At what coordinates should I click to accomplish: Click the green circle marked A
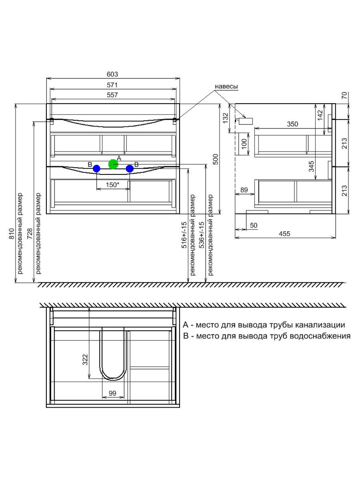click(113, 164)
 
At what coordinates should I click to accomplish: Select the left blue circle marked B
click(96, 169)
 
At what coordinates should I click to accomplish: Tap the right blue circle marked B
click(130, 169)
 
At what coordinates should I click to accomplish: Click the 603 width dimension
click(112, 74)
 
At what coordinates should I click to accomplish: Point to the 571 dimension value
click(112, 85)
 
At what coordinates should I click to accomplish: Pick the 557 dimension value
click(112, 95)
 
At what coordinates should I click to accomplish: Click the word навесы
click(226, 86)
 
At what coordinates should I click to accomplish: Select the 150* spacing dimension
click(112, 185)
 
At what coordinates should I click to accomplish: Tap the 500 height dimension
click(215, 159)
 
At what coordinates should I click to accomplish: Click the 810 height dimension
click(11, 234)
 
